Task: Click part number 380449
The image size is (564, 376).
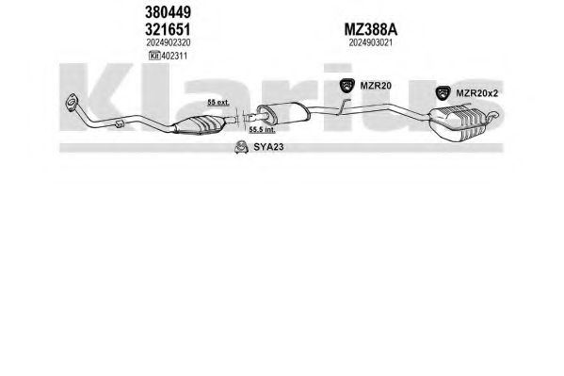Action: click(168, 12)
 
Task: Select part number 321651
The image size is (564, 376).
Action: click(168, 29)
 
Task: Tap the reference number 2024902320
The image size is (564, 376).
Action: click(169, 42)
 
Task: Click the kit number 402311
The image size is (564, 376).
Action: click(174, 56)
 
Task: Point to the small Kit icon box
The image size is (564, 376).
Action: click(154, 56)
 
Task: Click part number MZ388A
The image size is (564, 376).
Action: click(371, 29)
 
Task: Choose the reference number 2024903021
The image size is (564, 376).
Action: click(370, 42)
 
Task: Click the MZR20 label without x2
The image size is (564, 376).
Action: click(376, 86)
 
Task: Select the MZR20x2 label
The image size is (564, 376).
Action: click(477, 93)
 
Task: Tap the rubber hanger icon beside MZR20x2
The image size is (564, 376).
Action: click(443, 93)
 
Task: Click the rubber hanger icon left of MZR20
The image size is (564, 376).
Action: click(347, 85)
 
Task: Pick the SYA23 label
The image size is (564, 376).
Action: click(268, 147)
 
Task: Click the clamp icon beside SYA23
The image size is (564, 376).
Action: click(241, 147)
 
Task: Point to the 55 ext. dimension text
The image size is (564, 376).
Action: click(218, 103)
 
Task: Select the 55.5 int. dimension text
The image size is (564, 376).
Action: click(262, 130)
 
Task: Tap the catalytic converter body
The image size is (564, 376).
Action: click(199, 124)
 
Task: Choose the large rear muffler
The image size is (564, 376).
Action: click(458, 123)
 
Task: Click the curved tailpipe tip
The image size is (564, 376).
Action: click(493, 115)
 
